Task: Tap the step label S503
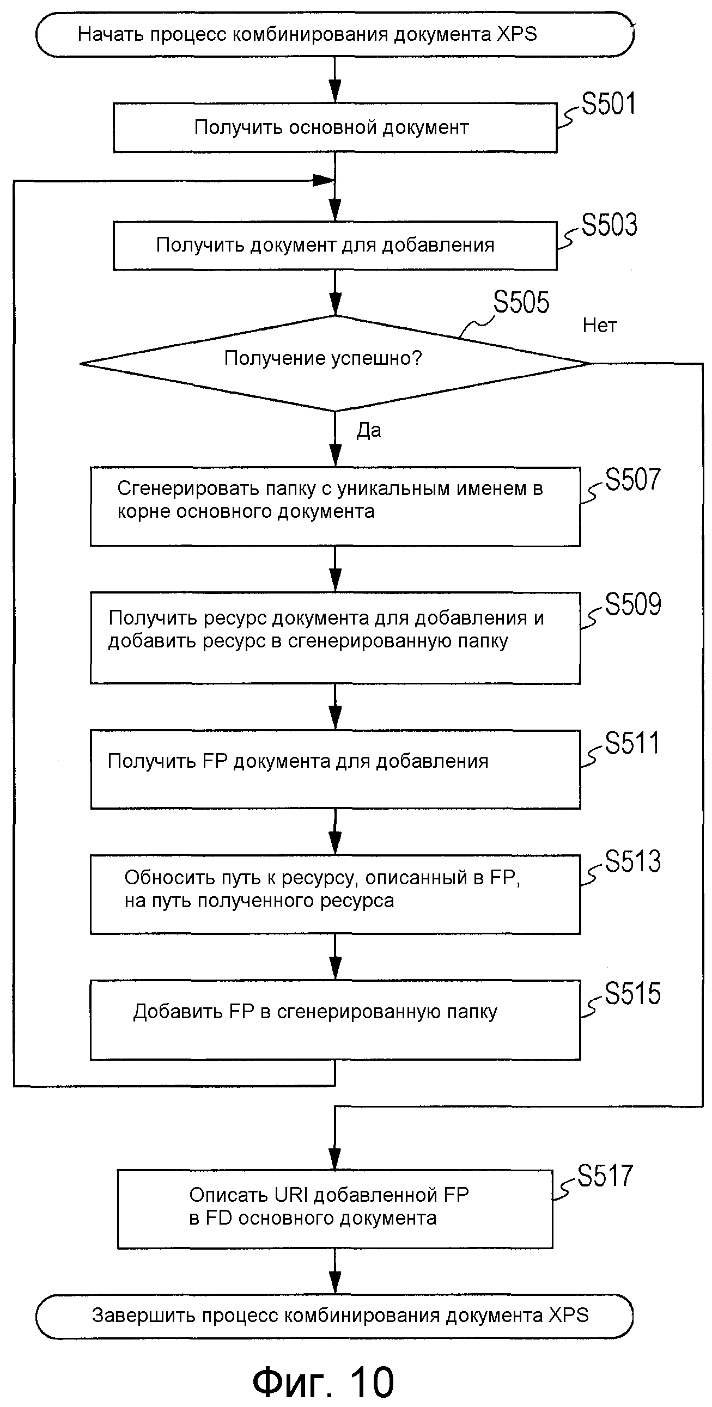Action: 608,225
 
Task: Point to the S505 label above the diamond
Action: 521,302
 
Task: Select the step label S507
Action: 633,480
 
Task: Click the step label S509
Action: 633,604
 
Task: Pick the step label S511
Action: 632,743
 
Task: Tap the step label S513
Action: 633,861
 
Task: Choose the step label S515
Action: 633,994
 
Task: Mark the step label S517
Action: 605,1176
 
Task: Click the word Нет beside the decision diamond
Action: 599,326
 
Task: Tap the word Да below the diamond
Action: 369,430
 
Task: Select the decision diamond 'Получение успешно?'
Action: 334,363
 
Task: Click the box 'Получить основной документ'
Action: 334,128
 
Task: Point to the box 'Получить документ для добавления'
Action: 334,245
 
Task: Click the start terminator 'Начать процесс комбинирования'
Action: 334,35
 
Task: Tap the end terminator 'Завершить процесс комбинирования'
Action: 334,1316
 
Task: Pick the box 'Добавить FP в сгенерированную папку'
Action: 334,1020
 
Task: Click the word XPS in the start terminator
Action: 516,34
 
